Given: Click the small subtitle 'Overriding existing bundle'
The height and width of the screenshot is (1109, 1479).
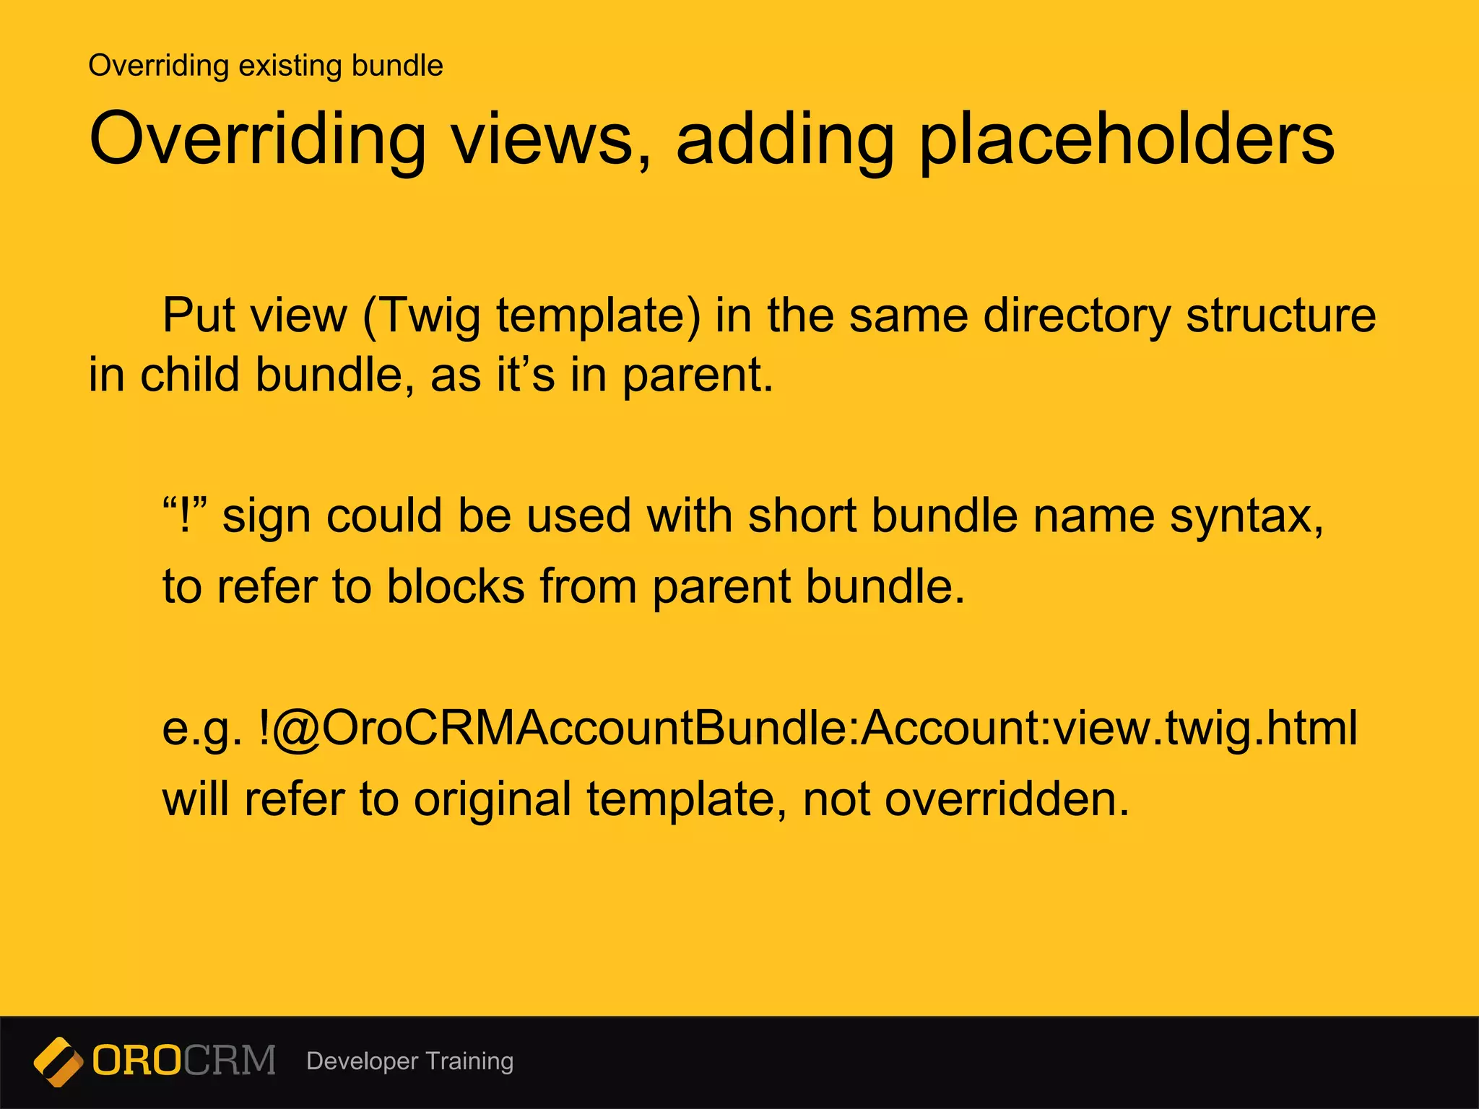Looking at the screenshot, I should point(265,66).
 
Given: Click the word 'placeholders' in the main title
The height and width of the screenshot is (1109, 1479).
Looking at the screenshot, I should point(1127,139).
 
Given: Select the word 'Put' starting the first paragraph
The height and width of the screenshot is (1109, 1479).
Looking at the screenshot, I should point(188,316).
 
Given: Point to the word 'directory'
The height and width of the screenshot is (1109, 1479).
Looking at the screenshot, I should point(1076,316).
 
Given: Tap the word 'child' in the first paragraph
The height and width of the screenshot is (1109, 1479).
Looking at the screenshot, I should point(189,375).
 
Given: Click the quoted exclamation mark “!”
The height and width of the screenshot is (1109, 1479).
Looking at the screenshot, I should point(185,516).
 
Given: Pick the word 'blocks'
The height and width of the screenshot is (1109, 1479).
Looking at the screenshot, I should point(455,586).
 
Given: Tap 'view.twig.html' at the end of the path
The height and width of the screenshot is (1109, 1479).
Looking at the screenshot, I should point(1205,728).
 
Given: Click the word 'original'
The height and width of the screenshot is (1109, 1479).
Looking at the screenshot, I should point(492,799).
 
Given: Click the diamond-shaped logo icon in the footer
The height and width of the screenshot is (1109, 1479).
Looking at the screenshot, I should point(58,1061).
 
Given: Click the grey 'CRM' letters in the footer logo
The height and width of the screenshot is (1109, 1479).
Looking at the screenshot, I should point(230,1061).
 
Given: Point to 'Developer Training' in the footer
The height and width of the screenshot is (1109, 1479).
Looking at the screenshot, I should point(409,1061).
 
